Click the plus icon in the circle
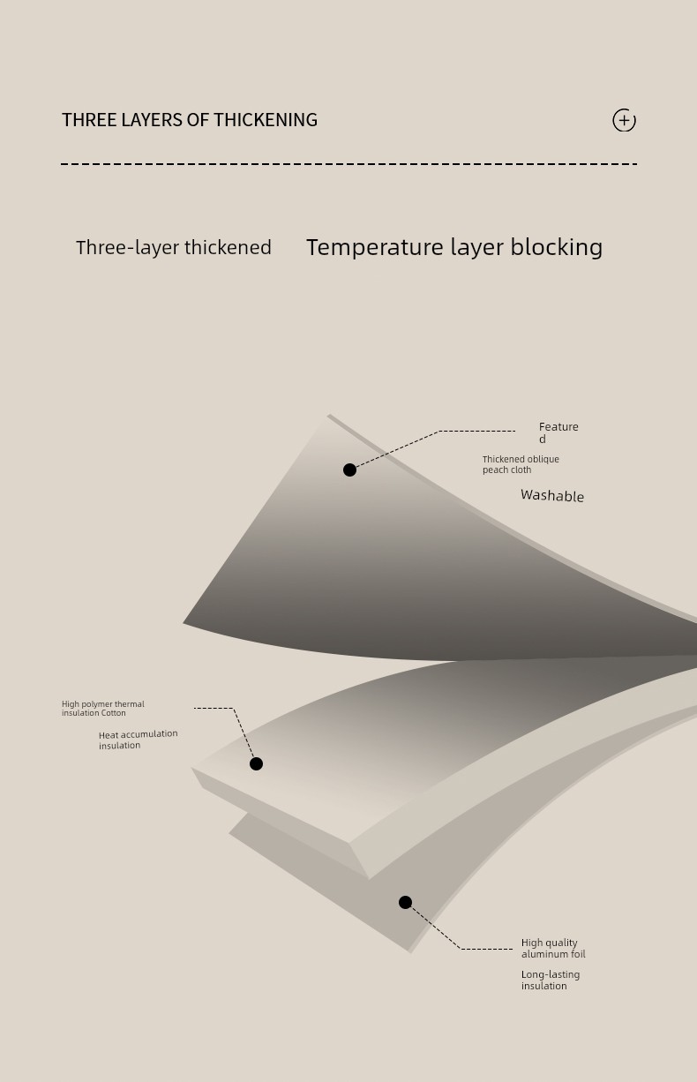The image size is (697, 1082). click(x=624, y=120)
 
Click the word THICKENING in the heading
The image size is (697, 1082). click(x=265, y=120)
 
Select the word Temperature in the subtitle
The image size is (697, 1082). click(x=375, y=248)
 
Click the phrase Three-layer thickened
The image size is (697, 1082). click(x=174, y=248)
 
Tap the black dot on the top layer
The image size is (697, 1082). click(x=349, y=470)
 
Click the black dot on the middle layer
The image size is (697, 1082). click(x=256, y=763)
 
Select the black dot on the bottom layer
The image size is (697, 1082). click(x=405, y=902)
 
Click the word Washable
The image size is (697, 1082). click(x=552, y=496)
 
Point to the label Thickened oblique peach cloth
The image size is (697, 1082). click(x=521, y=464)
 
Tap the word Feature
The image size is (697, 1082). click(x=558, y=427)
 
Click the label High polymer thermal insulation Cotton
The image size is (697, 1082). click(x=103, y=709)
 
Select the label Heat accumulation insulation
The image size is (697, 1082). click(x=138, y=740)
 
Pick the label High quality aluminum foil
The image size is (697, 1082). click(x=553, y=949)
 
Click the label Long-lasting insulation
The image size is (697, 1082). click(x=551, y=981)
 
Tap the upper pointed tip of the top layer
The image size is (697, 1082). click(x=329, y=416)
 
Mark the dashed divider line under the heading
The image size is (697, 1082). click(x=348, y=164)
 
